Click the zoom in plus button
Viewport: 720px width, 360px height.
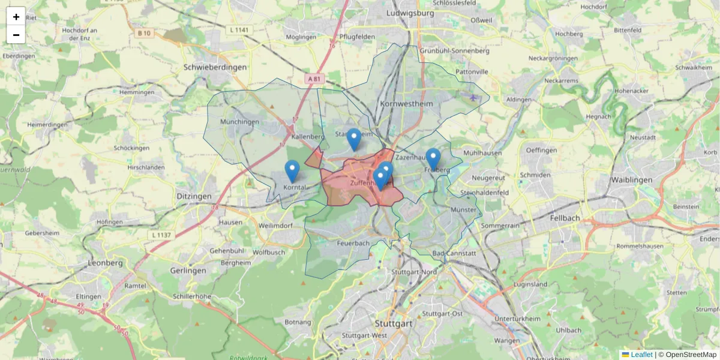pyautogui.click(x=16, y=17)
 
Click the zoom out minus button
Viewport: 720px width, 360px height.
pyautogui.click(x=16, y=35)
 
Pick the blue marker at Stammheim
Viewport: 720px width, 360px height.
pyautogui.click(x=354, y=139)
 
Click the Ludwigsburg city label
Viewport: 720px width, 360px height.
pyautogui.click(x=410, y=13)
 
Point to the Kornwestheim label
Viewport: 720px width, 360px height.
pyautogui.click(x=406, y=104)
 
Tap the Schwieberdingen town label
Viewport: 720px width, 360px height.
pyautogui.click(x=215, y=67)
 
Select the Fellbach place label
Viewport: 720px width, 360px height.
pyautogui.click(x=565, y=218)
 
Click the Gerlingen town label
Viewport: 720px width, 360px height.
pyautogui.click(x=188, y=271)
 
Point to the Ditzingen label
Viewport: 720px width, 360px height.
pyautogui.click(x=194, y=196)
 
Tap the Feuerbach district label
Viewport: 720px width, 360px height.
pyautogui.click(x=353, y=243)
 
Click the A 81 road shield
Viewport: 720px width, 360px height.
pyautogui.click(x=315, y=79)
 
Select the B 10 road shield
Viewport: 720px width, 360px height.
pyautogui.click(x=143, y=33)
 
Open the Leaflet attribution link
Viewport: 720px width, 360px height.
pyautogui.click(x=641, y=355)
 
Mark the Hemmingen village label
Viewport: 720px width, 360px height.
pyautogui.click(x=137, y=92)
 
